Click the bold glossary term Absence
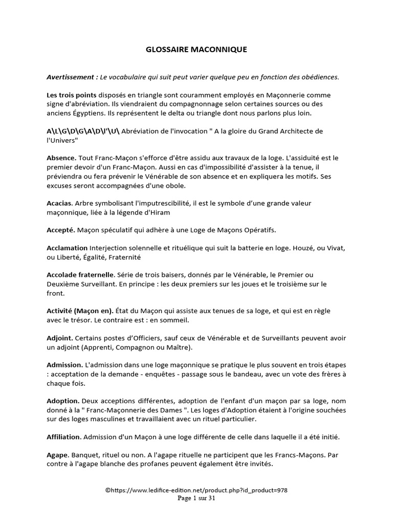click(61, 158)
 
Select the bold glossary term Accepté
click(61, 230)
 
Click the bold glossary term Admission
click(64, 365)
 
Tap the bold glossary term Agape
click(57, 454)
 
